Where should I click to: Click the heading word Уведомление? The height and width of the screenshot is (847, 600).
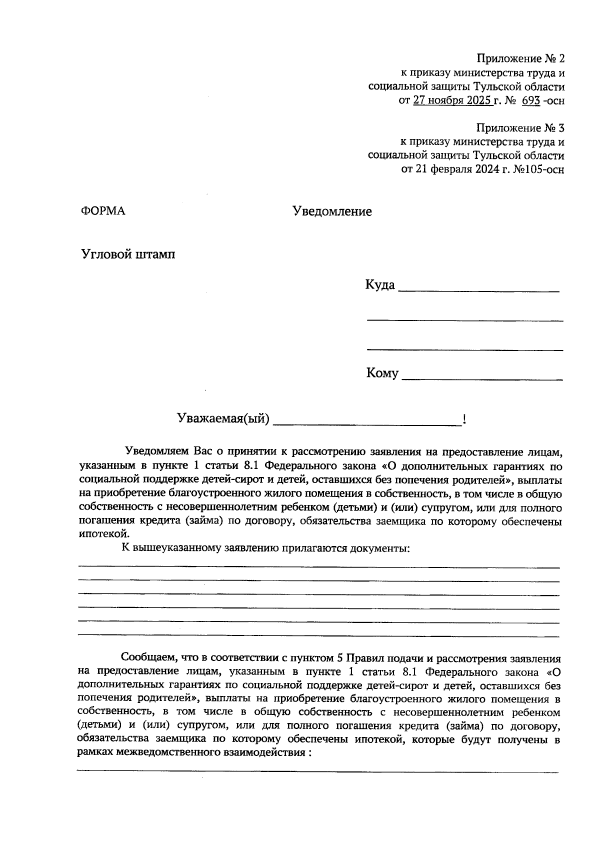pyautogui.click(x=332, y=211)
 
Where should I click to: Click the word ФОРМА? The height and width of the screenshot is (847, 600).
pyautogui.click(x=103, y=211)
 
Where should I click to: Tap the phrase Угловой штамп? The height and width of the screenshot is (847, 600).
pyautogui.click(x=128, y=254)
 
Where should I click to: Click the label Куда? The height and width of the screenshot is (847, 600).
pyautogui.click(x=380, y=285)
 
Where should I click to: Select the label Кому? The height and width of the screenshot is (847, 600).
pyautogui.click(x=382, y=373)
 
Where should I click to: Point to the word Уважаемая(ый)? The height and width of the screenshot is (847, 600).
pyautogui.click(x=223, y=419)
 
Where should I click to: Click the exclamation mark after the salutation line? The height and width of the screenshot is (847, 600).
pyautogui.click(x=464, y=419)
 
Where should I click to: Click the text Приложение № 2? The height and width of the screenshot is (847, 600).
pyautogui.click(x=520, y=58)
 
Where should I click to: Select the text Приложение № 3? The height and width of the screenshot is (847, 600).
pyautogui.click(x=520, y=127)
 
